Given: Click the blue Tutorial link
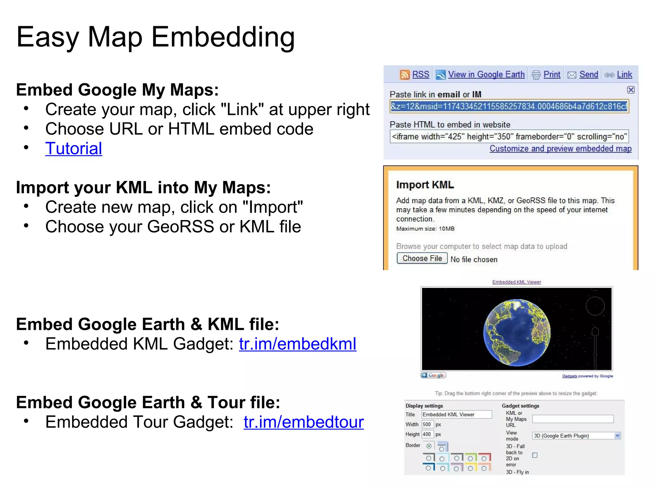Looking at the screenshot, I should (x=73, y=149).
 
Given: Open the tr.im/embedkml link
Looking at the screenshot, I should (x=297, y=344).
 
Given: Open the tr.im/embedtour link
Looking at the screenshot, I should (x=303, y=422).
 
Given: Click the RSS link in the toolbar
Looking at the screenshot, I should (x=421, y=75).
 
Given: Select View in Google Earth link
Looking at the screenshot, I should (x=486, y=75).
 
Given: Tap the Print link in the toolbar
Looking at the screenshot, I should (x=552, y=75).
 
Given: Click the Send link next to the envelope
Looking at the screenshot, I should (x=589, y=75).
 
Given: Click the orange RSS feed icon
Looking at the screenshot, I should (x=405, y=75).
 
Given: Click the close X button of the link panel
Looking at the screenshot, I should (x=631, y=90).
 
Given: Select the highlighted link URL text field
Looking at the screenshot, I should (x=509, y=107).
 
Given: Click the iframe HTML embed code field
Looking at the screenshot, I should (x=509, y=137).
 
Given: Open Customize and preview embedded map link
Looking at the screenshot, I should (x=560, y=149).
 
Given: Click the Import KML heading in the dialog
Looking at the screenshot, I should (x=425, y=185).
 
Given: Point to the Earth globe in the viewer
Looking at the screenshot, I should (x=517, y=332).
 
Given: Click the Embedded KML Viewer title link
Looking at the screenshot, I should (x=516, y=282).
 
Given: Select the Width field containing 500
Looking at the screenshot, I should (x=427, y=424).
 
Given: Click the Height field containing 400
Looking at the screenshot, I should (x=427, y=434).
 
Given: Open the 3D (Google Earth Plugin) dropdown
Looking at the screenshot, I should (x=576, y=436).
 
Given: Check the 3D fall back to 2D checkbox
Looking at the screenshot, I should (x=535, y=455).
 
